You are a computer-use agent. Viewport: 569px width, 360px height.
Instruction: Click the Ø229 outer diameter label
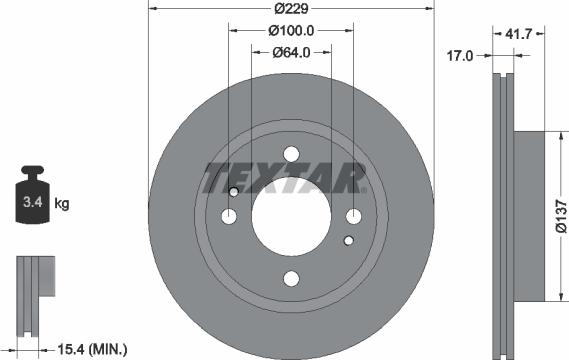click(x=291, y=9)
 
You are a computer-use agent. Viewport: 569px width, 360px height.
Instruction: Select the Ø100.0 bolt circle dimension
click(x=291, y=32)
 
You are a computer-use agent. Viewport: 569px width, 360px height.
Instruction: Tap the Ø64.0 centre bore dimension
click(x=291, y=53)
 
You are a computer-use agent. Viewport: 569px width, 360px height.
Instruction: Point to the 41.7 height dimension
click(x=518, y=32)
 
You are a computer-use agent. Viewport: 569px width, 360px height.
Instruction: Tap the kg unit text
click(x=61, y=204)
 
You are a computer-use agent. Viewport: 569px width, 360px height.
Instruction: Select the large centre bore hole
click(x=290, y=217)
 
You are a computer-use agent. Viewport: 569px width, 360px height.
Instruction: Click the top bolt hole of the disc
click(x=291, y=154)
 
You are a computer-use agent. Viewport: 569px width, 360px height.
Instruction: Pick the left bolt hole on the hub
click(x=228, y=217)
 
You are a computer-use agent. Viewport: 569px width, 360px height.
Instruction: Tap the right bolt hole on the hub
click(x=353, y=217)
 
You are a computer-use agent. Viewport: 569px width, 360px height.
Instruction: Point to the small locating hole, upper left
click(x=235, y=192)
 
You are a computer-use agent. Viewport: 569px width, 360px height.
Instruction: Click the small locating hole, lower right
click(x=347, y=241)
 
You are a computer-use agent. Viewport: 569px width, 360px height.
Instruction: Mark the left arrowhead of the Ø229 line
click(x=151, y=9)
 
